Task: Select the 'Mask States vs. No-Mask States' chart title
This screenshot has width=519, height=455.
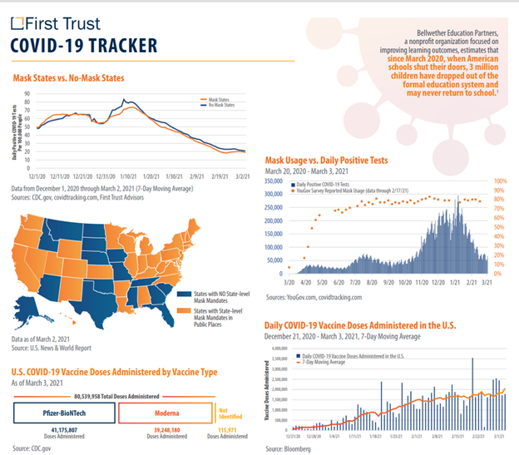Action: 68,79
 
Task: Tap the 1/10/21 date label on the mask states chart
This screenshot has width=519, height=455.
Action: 127,176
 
